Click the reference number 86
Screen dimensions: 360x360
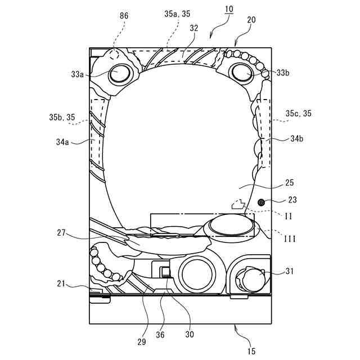coord(124,16)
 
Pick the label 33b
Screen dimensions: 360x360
coord(283,73)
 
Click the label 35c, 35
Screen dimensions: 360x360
coord(298,114)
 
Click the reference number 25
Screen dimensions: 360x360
coord(290,183)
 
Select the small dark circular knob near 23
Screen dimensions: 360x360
coord(261,202)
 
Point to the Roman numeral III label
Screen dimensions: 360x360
coord(289,239)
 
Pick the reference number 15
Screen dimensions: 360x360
coord(251,351)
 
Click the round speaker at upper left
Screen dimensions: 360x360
coord(119,74)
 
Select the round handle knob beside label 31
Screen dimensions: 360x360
coord(253,278)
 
